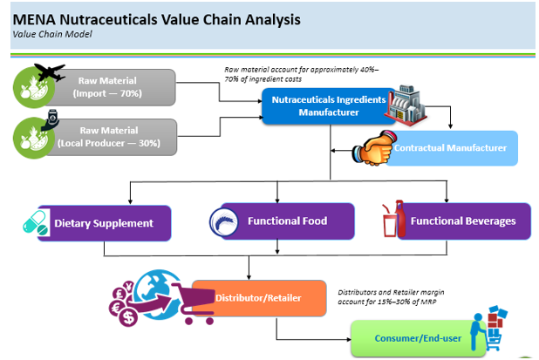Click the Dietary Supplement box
point(104,223)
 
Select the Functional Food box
point(287,221)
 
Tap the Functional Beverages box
point(463,221)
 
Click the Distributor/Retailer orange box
point(259,298)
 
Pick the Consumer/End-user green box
point(418,338)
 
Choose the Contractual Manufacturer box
point(450,148)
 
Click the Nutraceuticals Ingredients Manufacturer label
point(329,105)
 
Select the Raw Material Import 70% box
point(107,87)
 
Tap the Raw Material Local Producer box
point(109,137)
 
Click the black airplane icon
point(50,72)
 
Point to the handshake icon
point(373,148)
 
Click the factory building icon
point(406,105)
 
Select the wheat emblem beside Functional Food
point(224,222)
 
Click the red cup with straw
point(390,221)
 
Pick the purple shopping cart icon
point(193,303)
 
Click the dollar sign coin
point(128,317)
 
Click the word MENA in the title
point(34,19)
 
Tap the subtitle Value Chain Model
point(52,34)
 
